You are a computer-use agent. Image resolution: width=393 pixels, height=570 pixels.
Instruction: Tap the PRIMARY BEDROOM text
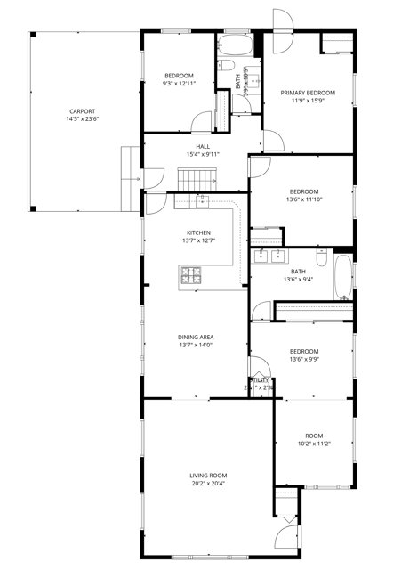pos(308,93)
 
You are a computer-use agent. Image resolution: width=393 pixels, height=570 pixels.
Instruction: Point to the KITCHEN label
pos(198,232)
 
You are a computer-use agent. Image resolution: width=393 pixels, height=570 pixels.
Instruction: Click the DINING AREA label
pos(195,337)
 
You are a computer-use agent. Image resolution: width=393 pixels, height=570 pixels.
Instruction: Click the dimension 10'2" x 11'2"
pos(313,444)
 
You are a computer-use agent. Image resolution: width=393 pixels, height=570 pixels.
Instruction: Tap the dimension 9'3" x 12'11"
pos(179,84)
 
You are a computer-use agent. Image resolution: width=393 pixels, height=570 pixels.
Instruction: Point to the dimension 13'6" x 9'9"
pos(303,360)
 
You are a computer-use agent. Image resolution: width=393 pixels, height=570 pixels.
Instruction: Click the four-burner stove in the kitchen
pos(192,276)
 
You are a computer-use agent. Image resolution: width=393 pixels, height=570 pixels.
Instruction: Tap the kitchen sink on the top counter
pos(191,202)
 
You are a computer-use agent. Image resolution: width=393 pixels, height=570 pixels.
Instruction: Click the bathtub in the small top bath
pos(234,42)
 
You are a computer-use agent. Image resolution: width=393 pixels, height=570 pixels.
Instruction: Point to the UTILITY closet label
pos(260,379)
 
